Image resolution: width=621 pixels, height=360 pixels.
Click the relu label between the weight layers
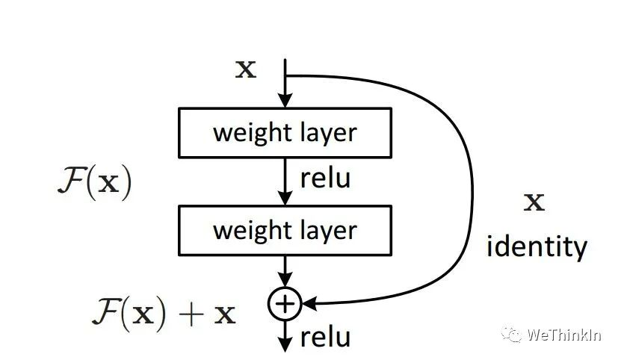pyautogui.click(x=326, y=179)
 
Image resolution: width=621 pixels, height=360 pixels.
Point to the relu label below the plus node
pyautogui.click(x=326, y=338)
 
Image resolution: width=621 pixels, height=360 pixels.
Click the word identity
pyautogui.click(x=537, y=247)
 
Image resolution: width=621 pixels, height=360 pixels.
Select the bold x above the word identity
pyautogui.click(x=534, y=202)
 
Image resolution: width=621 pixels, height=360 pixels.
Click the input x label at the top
pyautogui.click(x=246, y=69)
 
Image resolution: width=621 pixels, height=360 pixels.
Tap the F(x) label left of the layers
pyautogui.click(x=95, y=183)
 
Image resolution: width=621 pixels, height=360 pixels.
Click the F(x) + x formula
pyautogui.click(x=164, y=314)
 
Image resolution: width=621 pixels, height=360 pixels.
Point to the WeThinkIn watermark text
pyautogui.click(x=564, y=335)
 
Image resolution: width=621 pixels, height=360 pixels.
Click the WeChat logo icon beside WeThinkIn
pyautogui.click(x=511, y=335)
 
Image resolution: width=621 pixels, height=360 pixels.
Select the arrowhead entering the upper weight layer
pyautogui.click(x=285, y=101)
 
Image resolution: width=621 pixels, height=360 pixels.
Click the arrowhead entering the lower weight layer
pyautogui.click(x=285, y=199)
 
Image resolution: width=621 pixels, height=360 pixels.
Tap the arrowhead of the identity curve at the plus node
pyautogui.click(x=309, y=304)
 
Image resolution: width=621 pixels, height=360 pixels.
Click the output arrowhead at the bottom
pyautogui.click(x=285, y=344)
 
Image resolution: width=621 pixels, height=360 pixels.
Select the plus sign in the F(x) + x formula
pyautogui.click(x=191, y=315)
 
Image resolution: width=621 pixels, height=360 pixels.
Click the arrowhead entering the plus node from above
pyautogui.click(x=285, y=280)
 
